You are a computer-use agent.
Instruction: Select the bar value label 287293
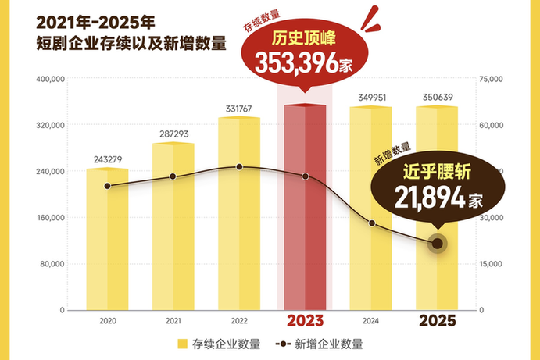click(x=173, y=134)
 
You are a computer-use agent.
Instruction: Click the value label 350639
click(x=436, y=98)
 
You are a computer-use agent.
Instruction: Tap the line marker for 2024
click(x=372, y=223)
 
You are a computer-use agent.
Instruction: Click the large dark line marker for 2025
click(x=438, y=244)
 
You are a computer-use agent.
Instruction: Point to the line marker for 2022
click(x=239, y=167)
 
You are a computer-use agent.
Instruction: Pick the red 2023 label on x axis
click(x=305, y=321)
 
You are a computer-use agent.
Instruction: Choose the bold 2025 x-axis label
click(x=437, y=321)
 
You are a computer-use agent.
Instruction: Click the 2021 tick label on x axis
click(x=173, y=321)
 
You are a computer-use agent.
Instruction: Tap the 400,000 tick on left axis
click(x=50, y=79)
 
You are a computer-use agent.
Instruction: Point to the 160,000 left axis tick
click(x=50, y=218)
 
